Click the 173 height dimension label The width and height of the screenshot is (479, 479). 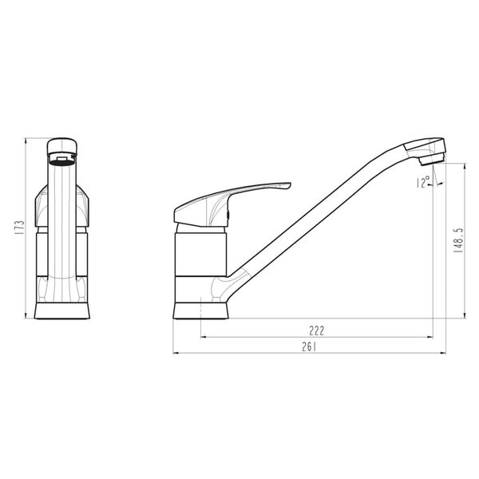[x=19, y=229]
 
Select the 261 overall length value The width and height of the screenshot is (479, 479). [x=311, y=346]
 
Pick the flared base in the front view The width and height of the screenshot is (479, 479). [x=61, y=312]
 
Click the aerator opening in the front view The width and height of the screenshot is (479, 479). [x=61, y=158]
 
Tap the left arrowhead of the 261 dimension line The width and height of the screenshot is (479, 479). [x=176, y=353]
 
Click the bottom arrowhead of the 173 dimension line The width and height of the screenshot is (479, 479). [x=26, y=320]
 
